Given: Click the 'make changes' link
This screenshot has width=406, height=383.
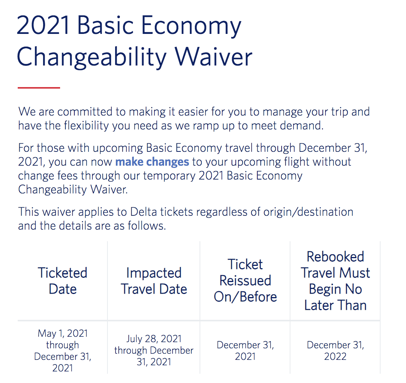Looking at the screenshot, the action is click(152, 162).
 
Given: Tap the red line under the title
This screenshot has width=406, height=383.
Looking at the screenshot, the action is click(39, 88).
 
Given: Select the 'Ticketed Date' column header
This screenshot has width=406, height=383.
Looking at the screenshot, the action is click(63, 281).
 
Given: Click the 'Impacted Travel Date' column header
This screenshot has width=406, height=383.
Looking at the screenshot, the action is click(154, 281).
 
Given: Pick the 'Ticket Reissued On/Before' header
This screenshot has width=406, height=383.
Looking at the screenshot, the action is click(245, 281).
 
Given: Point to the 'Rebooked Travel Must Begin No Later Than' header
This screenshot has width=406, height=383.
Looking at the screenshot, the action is click(335, 281).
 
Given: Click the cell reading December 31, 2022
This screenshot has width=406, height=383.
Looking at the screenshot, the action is click(335, 350).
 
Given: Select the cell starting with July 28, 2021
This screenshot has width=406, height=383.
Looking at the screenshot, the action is click(154, 350).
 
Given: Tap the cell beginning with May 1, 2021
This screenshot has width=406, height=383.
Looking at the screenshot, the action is click(63, 350).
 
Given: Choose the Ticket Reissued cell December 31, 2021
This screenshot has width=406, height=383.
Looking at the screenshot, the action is click(245, 350).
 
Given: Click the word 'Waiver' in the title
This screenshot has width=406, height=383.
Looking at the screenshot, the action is click(213, 57).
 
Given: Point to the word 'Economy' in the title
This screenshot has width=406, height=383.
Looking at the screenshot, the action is click(191, 26).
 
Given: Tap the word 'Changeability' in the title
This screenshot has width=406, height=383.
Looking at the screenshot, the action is click(92, 57).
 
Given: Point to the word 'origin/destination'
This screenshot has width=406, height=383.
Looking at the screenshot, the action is click(308, 212).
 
